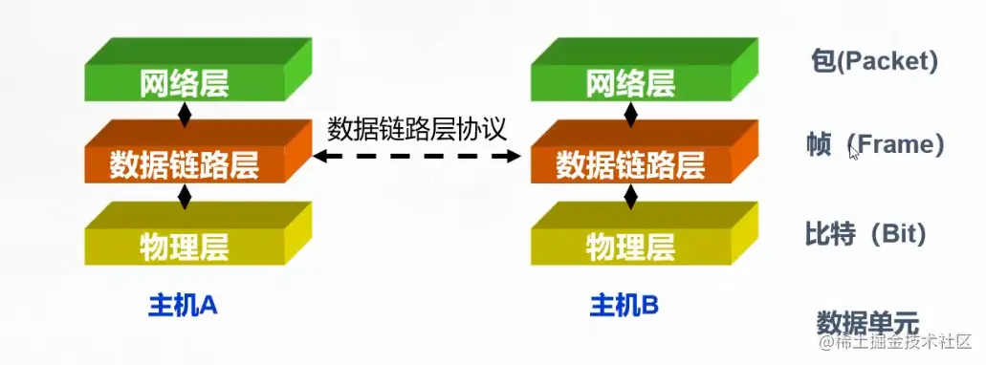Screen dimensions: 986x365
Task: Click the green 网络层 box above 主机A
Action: click(198, 70)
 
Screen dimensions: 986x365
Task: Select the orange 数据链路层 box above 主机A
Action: click(198, 152)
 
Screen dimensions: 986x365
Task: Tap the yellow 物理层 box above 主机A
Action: click(198, 234)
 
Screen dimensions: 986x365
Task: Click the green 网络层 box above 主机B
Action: click(645, 70)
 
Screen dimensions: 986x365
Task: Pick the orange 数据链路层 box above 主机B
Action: click(645, 152)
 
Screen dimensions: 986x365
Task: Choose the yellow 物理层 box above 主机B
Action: click(645, 234)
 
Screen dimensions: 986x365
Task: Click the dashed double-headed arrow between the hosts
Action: click(417, 156)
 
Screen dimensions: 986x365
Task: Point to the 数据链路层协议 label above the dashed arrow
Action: click(417, 130)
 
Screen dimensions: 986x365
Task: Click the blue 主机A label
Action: click(183, 306)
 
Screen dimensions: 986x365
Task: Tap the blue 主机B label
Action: click(624, 306)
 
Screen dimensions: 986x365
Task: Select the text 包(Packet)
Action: click(874, 61)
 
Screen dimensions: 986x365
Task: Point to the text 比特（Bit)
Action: click(865, 234)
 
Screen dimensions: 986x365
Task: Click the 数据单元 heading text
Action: click(867, 324)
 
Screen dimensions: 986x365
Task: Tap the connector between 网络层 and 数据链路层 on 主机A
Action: click(185, 113)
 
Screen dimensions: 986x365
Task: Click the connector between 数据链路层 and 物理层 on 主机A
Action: click(185, 195)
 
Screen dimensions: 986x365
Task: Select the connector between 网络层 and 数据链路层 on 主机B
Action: click(630, 113)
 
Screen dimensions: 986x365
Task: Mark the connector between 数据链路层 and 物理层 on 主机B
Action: click(630, 195)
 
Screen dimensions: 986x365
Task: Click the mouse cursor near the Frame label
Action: click(854, 154)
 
